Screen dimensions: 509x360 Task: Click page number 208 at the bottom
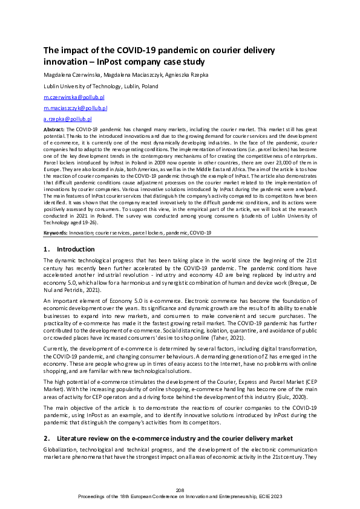point(180,490)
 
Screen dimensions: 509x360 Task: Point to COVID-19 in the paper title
point(121,51)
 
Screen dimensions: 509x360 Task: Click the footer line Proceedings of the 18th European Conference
point(180,496)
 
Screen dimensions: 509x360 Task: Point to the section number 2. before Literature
point(47,438)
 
